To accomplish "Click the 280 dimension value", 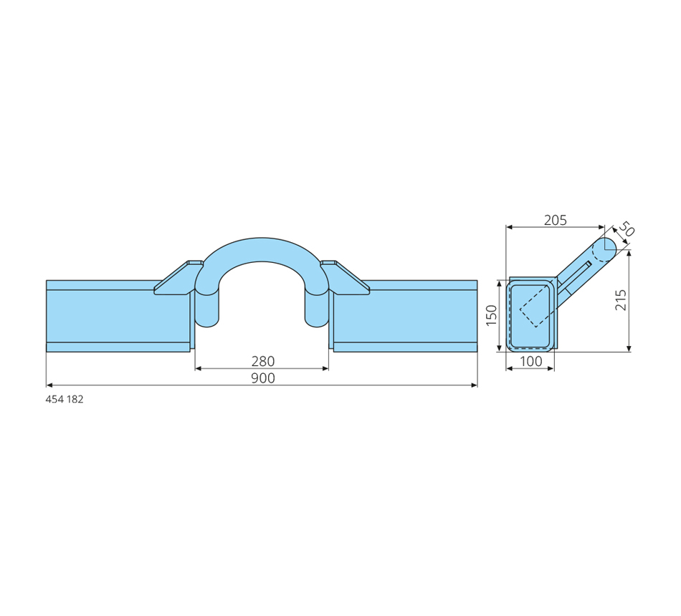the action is pos(263,361).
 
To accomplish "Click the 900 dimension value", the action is pos(263,378).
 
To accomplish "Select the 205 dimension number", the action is pos(556,220).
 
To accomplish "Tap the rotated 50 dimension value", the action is pos(626,228).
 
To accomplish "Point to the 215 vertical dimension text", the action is pos(621,299).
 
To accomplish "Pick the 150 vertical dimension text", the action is pos(491,315).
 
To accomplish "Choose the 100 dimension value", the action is pos(530,361).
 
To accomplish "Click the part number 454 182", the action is pos(65,400).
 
